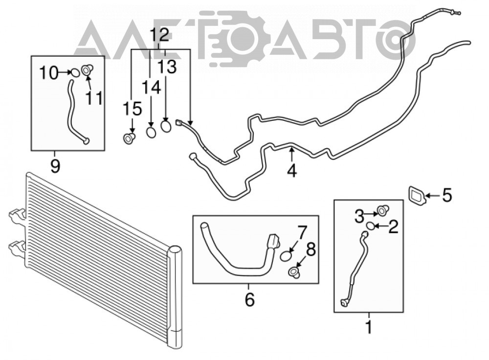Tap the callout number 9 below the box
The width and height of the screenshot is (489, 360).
(55, 166)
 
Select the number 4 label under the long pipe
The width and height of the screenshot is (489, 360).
(291, 171)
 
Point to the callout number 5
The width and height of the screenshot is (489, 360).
(446, 196)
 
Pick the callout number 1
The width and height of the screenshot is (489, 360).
(369, 327)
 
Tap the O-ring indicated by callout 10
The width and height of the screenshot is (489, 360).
(75, 73)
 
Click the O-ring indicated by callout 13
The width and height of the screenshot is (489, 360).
(166, 126)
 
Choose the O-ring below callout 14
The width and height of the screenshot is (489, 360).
(151, 133)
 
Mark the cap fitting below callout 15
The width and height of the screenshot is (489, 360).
(129, 138)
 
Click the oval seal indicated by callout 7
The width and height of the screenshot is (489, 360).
(286, 256)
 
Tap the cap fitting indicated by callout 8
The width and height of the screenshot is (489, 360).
(294, 272)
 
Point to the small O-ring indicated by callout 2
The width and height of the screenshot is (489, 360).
(371, 226)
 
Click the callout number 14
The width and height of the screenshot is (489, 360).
(151, 88)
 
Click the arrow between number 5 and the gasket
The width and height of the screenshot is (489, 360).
(432, 196)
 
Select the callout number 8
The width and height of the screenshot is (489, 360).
(311, 249)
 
